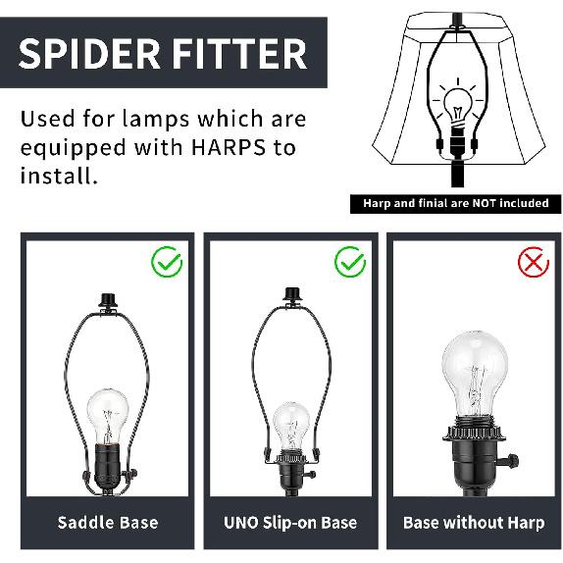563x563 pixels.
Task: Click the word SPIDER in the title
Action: (84, 53)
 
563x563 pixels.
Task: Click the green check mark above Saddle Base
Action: (167, 263)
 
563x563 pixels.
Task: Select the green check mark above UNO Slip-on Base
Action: (349, 263)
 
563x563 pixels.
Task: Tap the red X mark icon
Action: (533, 263)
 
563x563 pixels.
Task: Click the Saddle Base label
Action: (108, 523)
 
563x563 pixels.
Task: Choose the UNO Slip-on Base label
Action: (290, 523)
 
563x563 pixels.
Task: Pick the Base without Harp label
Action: (474, 523)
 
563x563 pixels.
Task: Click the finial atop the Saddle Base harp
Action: (108, 298)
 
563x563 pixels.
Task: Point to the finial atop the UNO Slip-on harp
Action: (290, 296)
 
